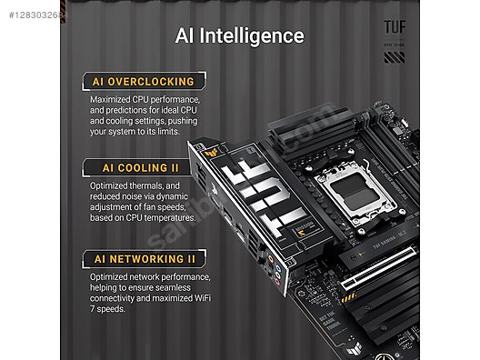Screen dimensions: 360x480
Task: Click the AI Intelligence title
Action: [239, 35]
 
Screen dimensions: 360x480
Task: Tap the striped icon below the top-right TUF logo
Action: [394, 57]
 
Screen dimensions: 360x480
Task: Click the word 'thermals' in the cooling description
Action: [154, 185]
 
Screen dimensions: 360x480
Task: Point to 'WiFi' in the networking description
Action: [197, 298]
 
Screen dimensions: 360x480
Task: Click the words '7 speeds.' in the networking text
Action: [112, 309]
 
